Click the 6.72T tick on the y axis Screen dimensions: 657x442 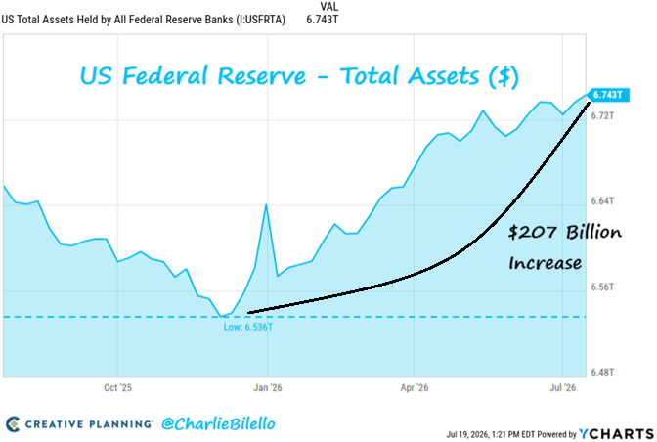click(x=602, y=115)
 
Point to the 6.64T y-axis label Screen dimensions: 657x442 click(x=602, y=201)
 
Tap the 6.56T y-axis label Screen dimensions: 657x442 click(x=602, y=287)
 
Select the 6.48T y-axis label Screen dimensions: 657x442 click(x=602, y=372)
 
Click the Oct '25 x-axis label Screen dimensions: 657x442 click(x=117, y=388)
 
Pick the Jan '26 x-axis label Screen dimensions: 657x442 click(x=268, y=388)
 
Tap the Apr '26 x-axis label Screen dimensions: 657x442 click(x=415, y=388)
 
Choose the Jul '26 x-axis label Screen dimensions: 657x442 click(x=563, y=388)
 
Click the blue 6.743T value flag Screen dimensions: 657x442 click(x=608, y=95)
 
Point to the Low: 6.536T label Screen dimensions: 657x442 click(x=248, y=327)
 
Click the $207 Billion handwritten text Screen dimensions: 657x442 click(x=565, y=232)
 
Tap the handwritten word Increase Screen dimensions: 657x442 click(x=546, y=263)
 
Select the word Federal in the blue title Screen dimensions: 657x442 click(x=165, y=76)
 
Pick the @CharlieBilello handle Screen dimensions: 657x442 click(x=218, y=424)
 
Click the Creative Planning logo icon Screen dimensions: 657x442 click(x=13, y=424)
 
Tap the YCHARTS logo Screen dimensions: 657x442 click(x=617, y=434)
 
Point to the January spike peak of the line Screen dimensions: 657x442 click(x=266, y=204)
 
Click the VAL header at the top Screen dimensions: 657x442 click(x=329, y=7)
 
